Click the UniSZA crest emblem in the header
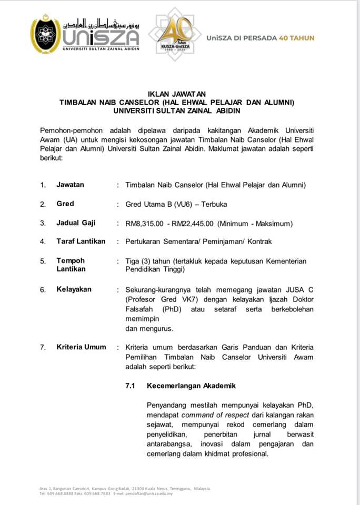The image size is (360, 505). (46, 34)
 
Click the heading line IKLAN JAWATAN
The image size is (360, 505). (179, 94)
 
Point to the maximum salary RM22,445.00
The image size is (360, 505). (190, 223)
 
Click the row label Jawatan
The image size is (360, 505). (70, 185)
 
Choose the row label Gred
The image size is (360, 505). (65, 204)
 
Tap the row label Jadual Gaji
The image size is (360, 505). (76, 223)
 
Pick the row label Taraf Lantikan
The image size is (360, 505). (81, 241)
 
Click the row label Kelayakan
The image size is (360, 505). (74, 289)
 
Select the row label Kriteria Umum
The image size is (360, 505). (82, 347)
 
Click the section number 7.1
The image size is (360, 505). (130, 386)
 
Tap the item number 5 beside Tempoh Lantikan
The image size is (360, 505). (43, 261)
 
